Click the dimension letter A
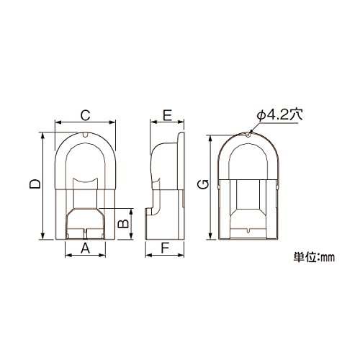85,248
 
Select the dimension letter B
124,224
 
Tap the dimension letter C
85,115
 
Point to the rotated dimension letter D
35,184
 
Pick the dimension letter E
167,115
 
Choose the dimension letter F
165,248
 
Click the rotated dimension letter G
203,184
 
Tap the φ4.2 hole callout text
279,114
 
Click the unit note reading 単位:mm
314,257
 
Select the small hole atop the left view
85,135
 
